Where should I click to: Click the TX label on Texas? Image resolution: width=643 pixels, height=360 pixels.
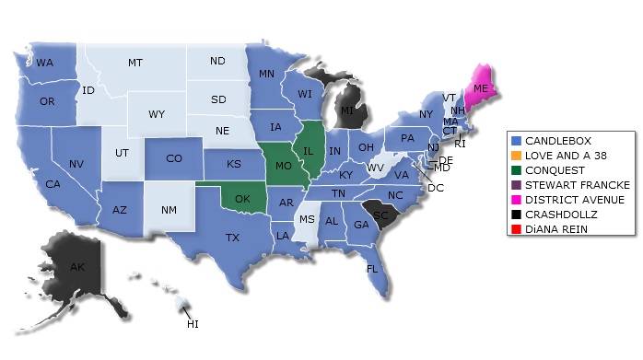click(232, 237)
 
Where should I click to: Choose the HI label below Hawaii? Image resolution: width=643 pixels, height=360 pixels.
click(193, 324)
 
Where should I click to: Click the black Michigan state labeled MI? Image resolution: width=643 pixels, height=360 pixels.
click(346, 111)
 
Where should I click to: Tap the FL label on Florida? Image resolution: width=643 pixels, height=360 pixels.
click(372, 269)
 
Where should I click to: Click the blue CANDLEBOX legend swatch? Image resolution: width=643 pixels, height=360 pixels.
click(516, 141)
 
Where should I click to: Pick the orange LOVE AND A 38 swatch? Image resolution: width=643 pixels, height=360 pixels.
click(516, 156)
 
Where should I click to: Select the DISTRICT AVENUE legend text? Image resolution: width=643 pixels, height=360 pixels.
click(574, 200)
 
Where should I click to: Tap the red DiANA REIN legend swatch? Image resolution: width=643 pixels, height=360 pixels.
click(516, 229)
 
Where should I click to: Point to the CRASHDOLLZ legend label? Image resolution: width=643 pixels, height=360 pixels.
click(562, 215)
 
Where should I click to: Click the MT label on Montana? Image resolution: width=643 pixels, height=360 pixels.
click(135, 63)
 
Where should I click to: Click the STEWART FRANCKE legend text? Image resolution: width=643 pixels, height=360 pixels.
click(577, 185)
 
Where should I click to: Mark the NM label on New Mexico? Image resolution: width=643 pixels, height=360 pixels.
click(169, 211)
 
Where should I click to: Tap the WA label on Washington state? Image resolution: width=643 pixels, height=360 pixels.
click(43, 63)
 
